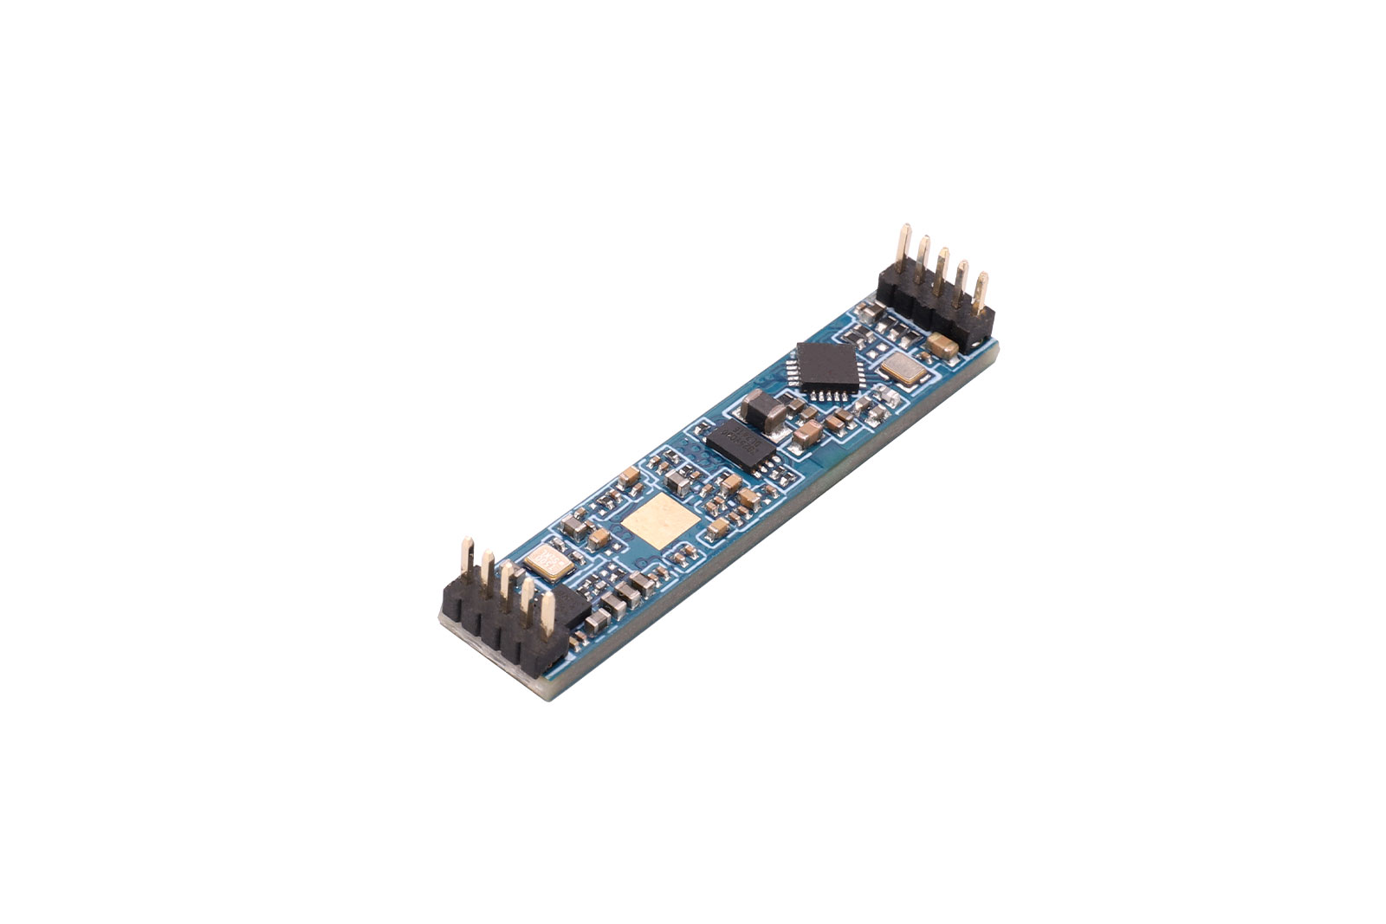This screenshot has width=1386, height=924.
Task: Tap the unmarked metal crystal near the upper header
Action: pos(903,372)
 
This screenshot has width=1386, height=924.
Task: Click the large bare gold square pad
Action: pos(660,523)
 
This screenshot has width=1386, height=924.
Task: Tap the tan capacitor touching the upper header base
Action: pos(942,345)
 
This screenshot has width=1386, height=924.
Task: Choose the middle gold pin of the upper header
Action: pos(942,269)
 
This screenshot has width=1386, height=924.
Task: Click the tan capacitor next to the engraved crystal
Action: pos(573,527)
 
